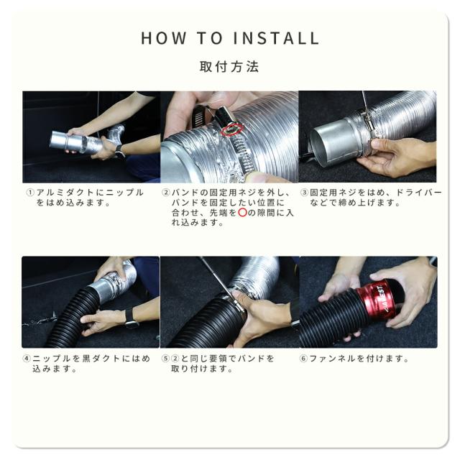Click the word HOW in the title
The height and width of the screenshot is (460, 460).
coord(164,38)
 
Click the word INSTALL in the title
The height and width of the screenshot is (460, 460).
coord(276,38)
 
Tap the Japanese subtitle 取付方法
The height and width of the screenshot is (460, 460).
coord(229,67)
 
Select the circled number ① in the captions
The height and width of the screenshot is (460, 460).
coord(30,193)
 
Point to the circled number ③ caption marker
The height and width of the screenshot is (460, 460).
coord(304,193)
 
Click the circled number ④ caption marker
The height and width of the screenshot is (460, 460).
coord(27,359)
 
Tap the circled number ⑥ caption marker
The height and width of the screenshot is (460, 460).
coord(303,359)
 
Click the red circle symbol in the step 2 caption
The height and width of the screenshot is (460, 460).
coord(242,213)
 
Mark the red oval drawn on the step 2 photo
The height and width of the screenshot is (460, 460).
coord(232,129)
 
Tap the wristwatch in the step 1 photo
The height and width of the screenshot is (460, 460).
coord(119,151)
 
